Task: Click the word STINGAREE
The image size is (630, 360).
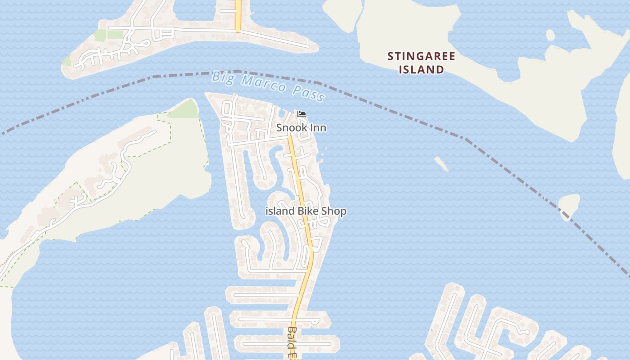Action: [x=421, y=56]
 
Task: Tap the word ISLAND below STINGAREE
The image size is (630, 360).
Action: [x=421, y=69]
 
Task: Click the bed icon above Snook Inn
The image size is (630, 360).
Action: [x=301, y=115]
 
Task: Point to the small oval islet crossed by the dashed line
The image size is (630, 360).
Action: [x=569, y=205]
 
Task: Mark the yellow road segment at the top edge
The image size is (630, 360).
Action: [x=238, y=13]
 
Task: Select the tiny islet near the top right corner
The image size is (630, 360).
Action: [x=549, y=35]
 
